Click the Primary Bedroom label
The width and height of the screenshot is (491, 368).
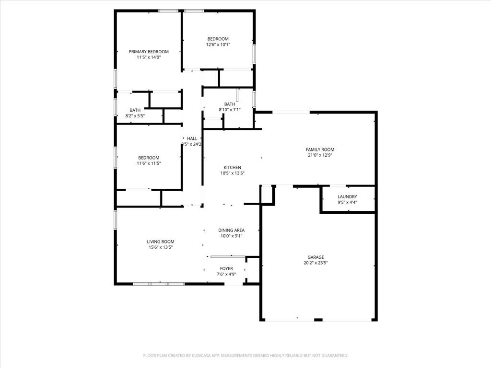point(149,51)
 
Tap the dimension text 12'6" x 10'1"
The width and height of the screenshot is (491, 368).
point(218,45)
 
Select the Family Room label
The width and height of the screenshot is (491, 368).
point(321,149)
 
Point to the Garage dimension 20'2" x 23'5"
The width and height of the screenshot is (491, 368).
point(316,263)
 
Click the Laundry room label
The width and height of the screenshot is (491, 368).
point(347,196)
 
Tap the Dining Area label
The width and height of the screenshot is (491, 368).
point(231,230)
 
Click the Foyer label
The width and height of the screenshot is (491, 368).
point(226,269)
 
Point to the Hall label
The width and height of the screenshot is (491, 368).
point(192,138)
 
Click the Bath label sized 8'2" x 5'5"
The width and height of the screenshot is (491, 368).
point(135,110)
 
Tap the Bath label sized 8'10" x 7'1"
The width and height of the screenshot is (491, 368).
point(230,104)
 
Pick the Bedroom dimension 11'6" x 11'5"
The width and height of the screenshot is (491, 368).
point(149,163)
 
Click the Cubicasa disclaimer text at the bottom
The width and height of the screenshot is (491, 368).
point(245,356)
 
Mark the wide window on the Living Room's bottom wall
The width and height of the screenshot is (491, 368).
point(159,284)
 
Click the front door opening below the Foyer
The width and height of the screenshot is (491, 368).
point(234,284)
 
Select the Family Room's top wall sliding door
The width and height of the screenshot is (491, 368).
point(291,112)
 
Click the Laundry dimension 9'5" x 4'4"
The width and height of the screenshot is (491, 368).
point(347,202)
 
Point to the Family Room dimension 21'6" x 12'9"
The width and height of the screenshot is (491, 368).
point(321,155)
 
